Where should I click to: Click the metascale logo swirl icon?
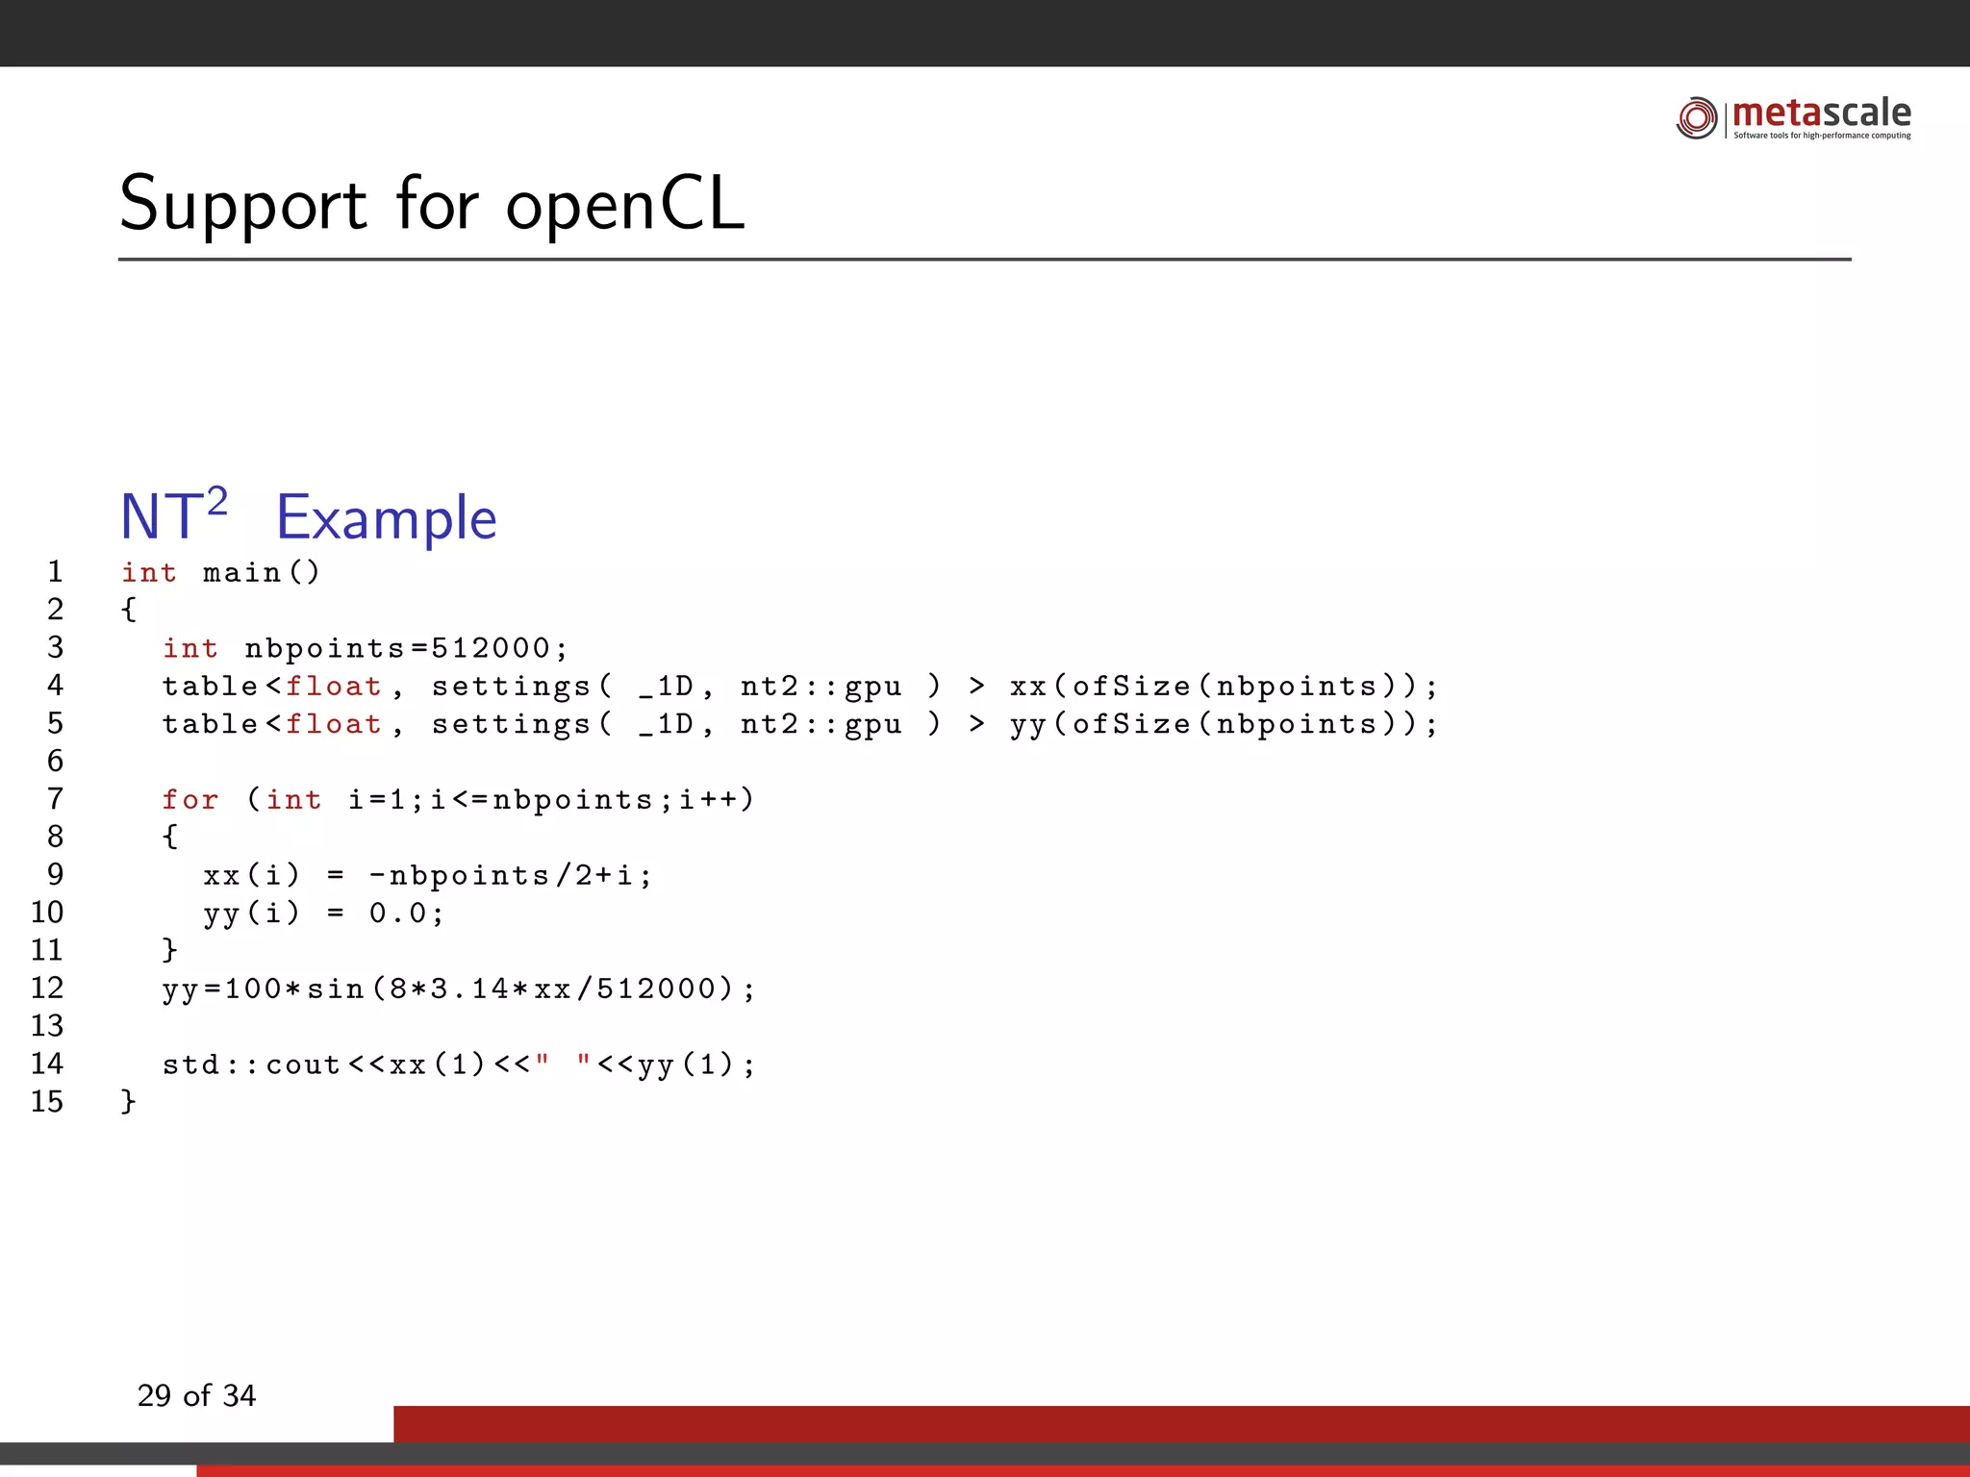1696,117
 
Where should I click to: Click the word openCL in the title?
625,204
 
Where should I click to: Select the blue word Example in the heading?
386,518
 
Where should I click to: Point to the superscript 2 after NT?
217,501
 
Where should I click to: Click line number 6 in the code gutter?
56,761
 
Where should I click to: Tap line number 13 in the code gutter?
47,1026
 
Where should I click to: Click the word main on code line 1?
241,573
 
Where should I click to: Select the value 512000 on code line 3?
491,648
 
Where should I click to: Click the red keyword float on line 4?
333,687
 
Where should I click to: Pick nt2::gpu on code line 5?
821,724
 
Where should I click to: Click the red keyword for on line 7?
189,799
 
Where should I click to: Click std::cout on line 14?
251,1064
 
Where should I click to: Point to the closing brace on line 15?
129,1101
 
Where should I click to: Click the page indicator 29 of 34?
196,1395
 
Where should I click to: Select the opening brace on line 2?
129,610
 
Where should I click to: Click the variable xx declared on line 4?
1028,687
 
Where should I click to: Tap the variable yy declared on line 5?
1028,725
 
